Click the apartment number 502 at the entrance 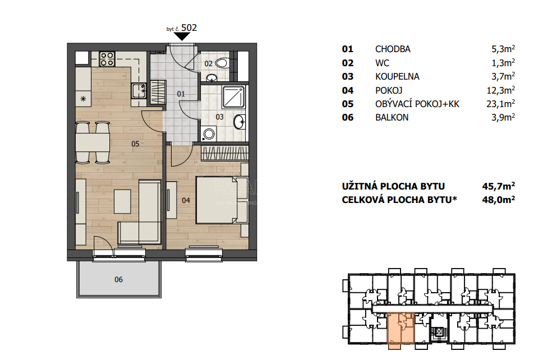(189, 27)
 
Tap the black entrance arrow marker (182, 36)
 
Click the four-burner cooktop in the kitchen (107, 58)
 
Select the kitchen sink (139, 90)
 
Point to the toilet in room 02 (222, 63)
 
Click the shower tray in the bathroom (233, 96)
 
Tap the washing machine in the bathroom (209, 133)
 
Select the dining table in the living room (93, 142)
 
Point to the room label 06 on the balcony (118, 280)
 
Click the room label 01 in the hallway (181, 94)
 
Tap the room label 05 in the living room (135, 144)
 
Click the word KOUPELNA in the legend (397, 77)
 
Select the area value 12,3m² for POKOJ (500, 90)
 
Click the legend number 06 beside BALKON (348, 118)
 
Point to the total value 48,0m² (498, 200)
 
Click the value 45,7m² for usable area (498, 186)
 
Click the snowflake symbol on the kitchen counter (83, 99)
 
